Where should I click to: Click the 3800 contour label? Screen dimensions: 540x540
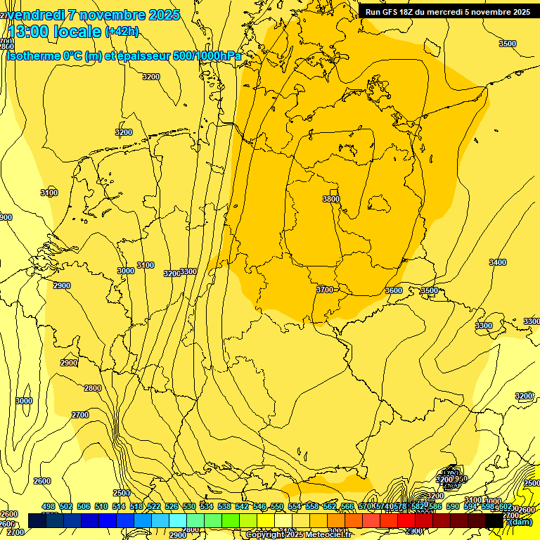click(x=331, y=199)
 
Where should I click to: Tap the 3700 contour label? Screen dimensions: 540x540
click(x=324, y=290)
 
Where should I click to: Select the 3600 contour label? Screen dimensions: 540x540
click(x=394, y=290)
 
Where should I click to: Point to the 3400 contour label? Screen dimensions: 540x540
click(x=497, y=262)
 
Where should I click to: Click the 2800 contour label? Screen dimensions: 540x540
click(x=93, y=388)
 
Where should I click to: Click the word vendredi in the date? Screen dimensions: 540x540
click(x=37, y=15)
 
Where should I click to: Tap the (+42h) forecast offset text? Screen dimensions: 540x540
click(x=122, y=32)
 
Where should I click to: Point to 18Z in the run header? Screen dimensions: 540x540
click(x=410, y=12)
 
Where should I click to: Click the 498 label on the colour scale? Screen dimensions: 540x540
click(x=49, y=506)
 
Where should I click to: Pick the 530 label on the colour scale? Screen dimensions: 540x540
click(x=189, y=506)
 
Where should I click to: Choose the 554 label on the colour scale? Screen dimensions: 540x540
click(x=295, y=506)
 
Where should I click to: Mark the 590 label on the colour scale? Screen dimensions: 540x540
click(x=453, y=506)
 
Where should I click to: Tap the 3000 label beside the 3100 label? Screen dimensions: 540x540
click(x=126, y=271)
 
